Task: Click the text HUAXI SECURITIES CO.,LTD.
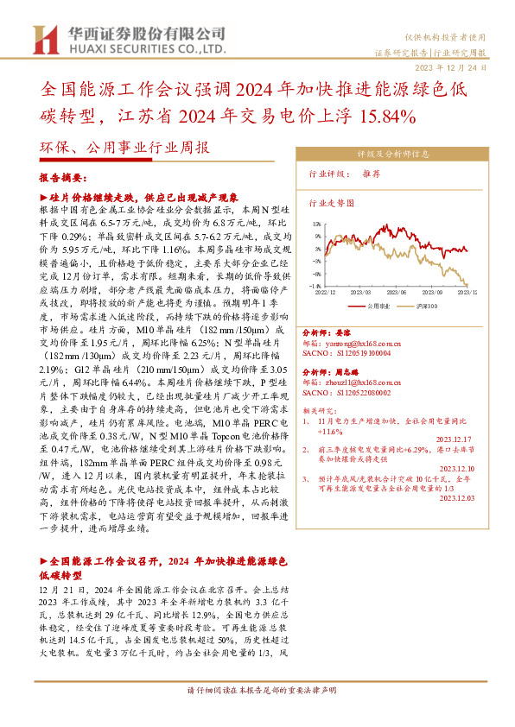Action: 143,51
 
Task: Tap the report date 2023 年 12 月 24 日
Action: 462,66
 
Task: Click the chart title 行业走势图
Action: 332,205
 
